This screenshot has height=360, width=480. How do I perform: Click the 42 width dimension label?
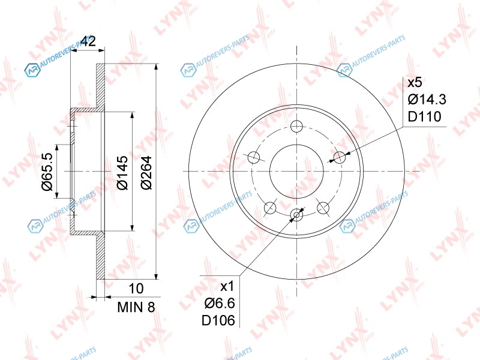[x=88, y=41]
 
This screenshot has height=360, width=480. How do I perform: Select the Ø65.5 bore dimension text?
[x=47, y=172]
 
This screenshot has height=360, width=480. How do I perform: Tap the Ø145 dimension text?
[x=122, y=173]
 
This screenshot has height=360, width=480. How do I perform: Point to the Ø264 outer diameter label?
[x=146, y=173]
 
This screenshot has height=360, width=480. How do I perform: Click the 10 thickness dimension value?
[x=136, y=289]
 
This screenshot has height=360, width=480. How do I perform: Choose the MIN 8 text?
[x=136, y=307]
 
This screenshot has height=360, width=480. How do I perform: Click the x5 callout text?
[x=415, y=82]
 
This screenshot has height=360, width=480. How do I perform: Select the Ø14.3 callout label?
[x=427, y=100]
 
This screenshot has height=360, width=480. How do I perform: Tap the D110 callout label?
[x=425, y=116]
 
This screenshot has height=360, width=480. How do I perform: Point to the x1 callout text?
[x=227, y=286]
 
